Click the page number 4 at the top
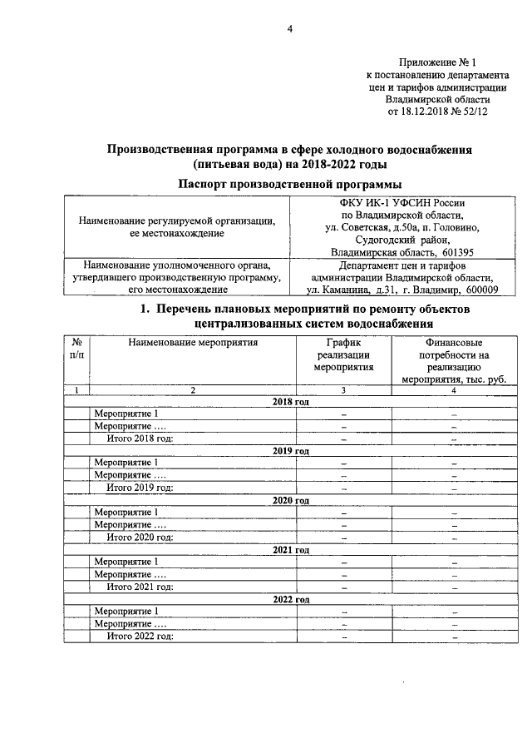pyautogui.click(x=290, y=30)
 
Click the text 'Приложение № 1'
pyautogui.click(x=439, y=62)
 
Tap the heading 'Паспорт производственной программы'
pyautogui.click(x=288, y=183)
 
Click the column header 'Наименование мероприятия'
pyautogui.click(x=194, y=341)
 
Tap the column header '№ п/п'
pyautogui.click(x=76, y=348)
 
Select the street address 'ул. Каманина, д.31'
pyautogui.click(x=355, y=289)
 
